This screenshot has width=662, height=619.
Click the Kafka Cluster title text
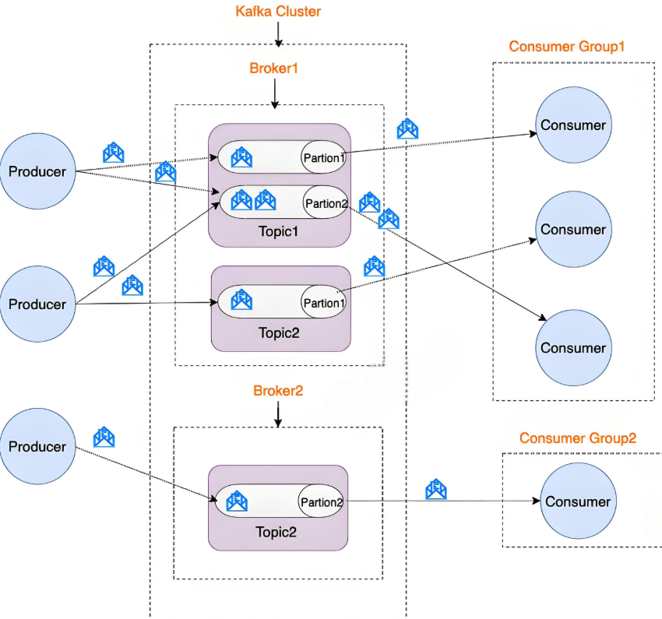pyautogui.click(x=278, y=12)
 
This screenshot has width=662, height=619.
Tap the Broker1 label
pyautogui.click(x=274, y=68)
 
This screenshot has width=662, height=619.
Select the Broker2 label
pyautogui.click(x=278, y=391)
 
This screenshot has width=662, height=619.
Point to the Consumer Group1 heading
pyautogui.click(x=567, y=47)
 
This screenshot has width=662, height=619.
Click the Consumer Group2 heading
pyautogui.click(x=578, y=438)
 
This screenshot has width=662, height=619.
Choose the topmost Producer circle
pyautogui.click(x=37, y=171)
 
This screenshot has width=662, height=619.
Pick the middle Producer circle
pyautogui.click(x=37, y=304)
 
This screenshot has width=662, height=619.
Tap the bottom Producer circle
pyautogui.click(x=37, y=447)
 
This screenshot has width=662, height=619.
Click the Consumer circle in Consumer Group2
pyautogui.click(x=578, y=501)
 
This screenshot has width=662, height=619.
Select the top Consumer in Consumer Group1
pyautogui.click(x=573, y=125)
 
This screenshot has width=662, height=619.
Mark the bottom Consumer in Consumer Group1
pyautogui.click(x=573, y=348)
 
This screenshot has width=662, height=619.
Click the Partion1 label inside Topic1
pyautogui.click(x=323, y=158)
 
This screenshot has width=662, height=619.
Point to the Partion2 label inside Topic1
pyautogui.click(x=326, y=204)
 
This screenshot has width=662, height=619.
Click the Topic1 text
pyautogui.click(x=278, y=231)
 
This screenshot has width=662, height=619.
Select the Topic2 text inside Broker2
pyautogui.click(x=276, y=533)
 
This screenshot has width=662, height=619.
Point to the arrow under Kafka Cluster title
pyautogui.click(x=278, y=34)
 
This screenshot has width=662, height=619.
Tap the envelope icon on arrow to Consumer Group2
pyautogui.click(x=436, y=490)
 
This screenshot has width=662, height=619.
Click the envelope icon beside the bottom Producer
pyautogui.click(x=104, y=438)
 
